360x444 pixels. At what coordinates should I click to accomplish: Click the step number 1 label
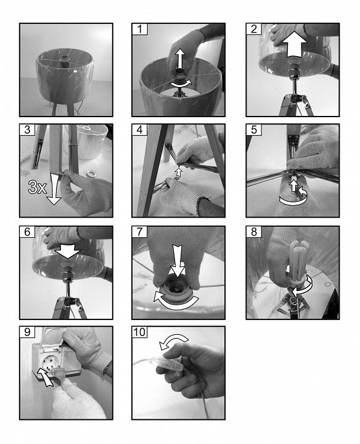tap(139, 29)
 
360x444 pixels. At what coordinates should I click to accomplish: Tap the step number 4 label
tap(139, 129)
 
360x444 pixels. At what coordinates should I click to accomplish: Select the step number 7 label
tap(139, 232)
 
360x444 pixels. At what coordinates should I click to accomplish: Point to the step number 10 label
tap(139, 332)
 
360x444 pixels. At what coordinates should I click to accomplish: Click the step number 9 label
tap(27, 332)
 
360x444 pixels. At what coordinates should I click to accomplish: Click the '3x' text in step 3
tap(38, 187)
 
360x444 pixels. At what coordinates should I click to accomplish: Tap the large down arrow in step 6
tap(68, 250)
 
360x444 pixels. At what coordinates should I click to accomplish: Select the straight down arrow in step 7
tap(178, 260)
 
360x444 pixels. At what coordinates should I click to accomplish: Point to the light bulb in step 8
tap(298, 263)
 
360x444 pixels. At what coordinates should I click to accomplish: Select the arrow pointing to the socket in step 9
tap(45, 377)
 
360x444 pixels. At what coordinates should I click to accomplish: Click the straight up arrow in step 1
tap(179, 59)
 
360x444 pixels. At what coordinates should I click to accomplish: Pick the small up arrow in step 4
tap(178, 172)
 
